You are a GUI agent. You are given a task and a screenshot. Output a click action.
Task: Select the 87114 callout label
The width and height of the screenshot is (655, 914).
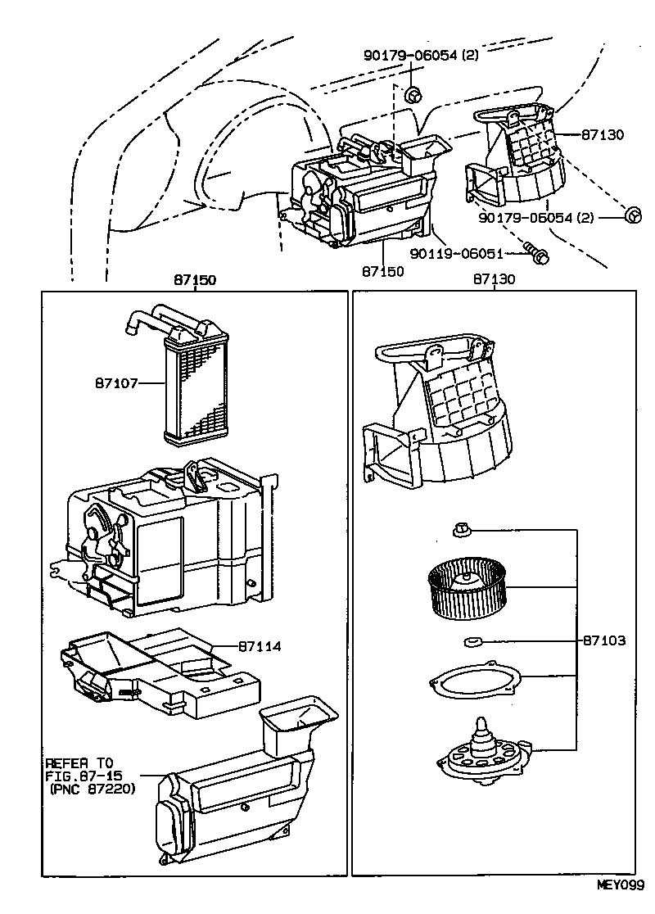[260, 646]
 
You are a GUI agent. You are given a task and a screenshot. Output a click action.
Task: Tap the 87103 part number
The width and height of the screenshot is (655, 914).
[604, 640]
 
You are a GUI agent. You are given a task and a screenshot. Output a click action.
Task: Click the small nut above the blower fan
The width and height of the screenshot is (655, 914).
[460, 531]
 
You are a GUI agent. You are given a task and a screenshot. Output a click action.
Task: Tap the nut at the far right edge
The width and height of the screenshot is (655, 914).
[633, 216]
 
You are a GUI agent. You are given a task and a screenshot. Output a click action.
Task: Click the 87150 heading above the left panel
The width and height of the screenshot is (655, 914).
[194, 279]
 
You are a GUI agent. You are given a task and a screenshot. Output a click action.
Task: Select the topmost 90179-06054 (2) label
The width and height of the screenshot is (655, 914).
[421, 56]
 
